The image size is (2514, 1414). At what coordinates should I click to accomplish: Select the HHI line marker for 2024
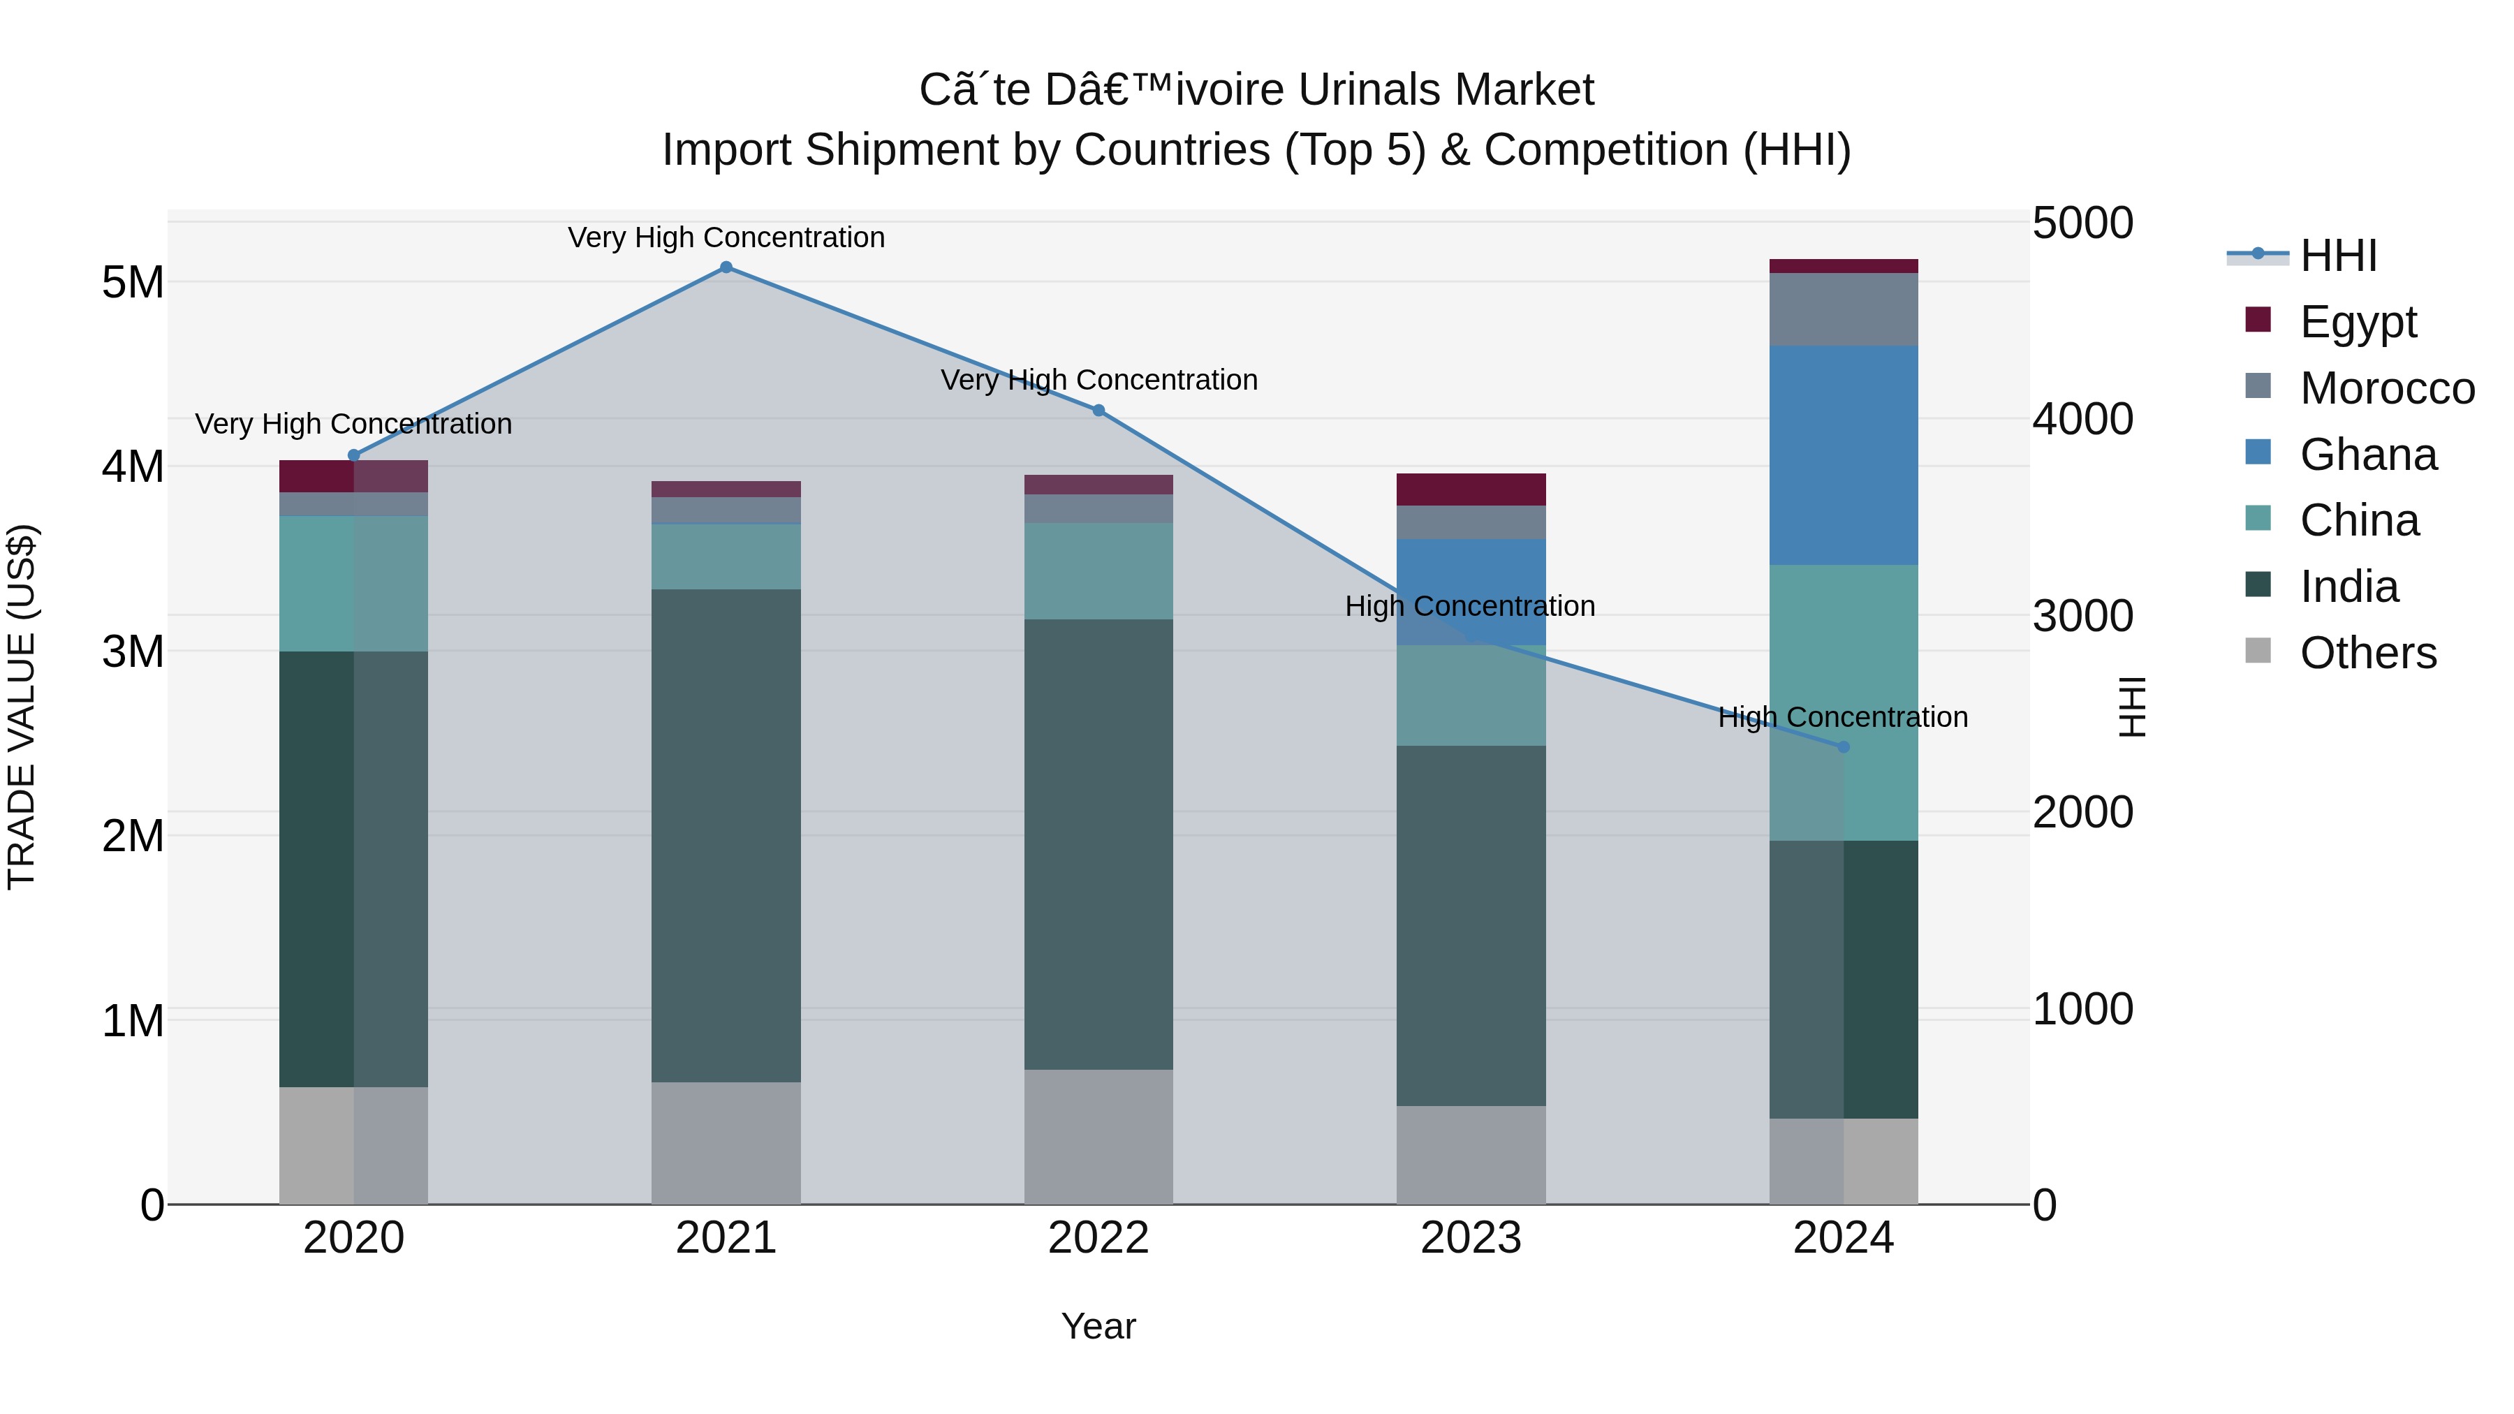pyautogui.click(x=1843, y=746)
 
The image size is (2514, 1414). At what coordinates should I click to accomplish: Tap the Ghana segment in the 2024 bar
pyautogui.click(x=1843, y=455)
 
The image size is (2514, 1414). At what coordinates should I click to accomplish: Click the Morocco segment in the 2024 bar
pyautogui.click(x=1843, y=309)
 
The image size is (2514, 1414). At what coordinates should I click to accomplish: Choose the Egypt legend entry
pyautogui.click(x=2357, y=322)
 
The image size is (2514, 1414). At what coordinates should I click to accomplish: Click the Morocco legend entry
pyautogui.click(x=2386, y=388)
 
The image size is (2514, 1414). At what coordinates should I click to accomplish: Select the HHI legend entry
pyautogui.click(x=2337, y=256)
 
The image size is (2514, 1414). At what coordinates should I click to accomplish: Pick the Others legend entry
pyautogui.click(x=2367, y=653)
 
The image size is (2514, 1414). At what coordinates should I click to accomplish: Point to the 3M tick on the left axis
pyautogui.click(x=133, y=651)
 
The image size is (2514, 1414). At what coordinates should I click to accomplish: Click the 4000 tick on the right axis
pyautogui.click(x=2082, y=420)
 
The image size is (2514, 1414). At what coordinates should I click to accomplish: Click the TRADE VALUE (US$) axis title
pyautogui.click(x=22, y=707)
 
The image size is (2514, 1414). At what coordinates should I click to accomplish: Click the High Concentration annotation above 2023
pyautogui.click(x=1470, y=606)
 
